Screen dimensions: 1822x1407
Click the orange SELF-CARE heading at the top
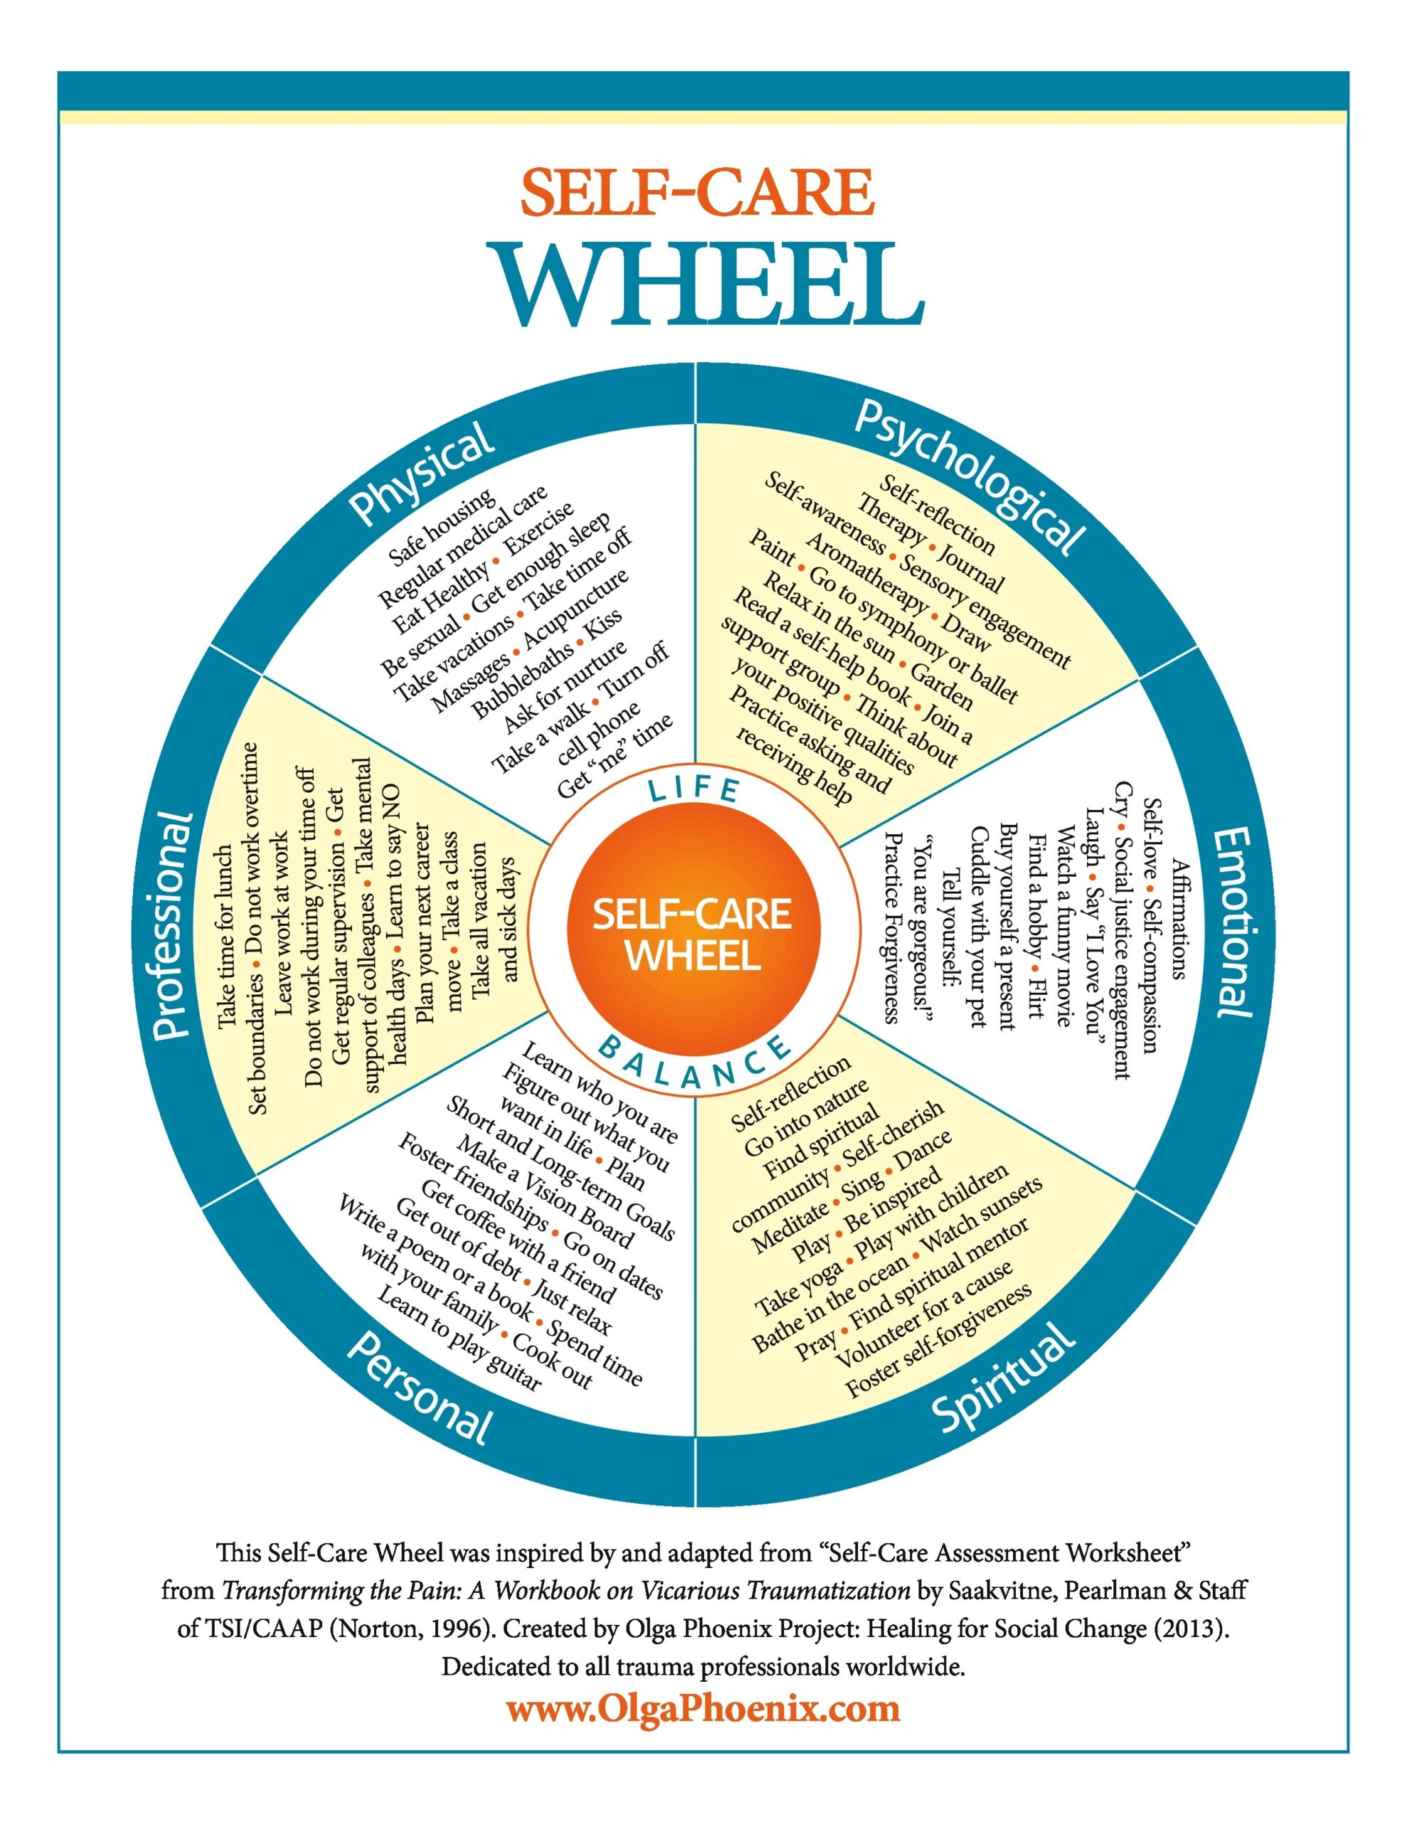tap(697, 193)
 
